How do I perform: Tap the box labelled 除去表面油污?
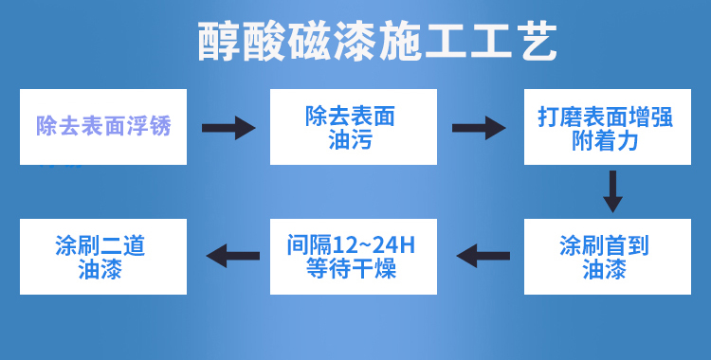[353, 127]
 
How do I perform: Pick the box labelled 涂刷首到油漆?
[604, 257]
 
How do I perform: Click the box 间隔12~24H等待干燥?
[353, 257]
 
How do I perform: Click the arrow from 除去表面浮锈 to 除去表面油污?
[228, 128]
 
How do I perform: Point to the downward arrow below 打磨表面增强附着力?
[613, 191]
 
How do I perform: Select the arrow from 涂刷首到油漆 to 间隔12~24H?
[483, 255]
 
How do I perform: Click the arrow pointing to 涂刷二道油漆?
[233, 254]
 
